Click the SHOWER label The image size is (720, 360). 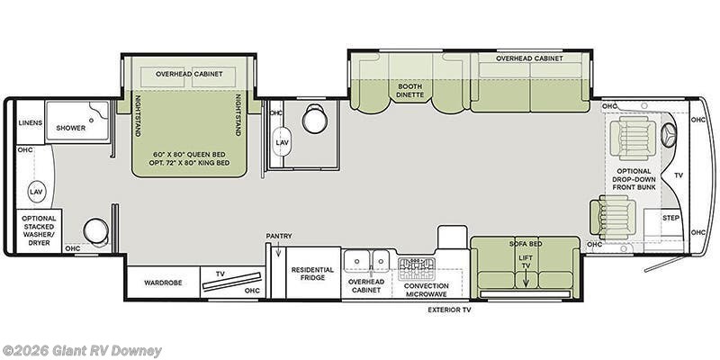click(x=71, y=128)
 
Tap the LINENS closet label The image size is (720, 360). click(x=31, y=123)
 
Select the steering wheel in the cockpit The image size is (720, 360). click(x=669, y=135)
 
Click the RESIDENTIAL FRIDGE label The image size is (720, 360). click(x=312, y=274)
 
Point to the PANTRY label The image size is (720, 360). click(x=279, y=236)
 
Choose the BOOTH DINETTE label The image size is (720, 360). click(x=409, y=91)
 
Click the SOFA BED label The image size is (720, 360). click(x=526, y=244)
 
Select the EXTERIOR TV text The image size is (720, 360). click(x=449, y=310)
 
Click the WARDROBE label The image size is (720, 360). click(x=163, y=283)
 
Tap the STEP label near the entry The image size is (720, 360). click(x=670, y=218)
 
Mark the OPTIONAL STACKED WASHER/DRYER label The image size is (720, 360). click(x=39, y=230)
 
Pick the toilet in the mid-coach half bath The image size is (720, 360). click(x=315, y=119)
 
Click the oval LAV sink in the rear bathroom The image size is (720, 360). click(x=36, y=192)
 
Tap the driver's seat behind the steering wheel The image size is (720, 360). click(x=634, y=138)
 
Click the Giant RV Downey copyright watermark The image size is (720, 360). click(x=81, y=352)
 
